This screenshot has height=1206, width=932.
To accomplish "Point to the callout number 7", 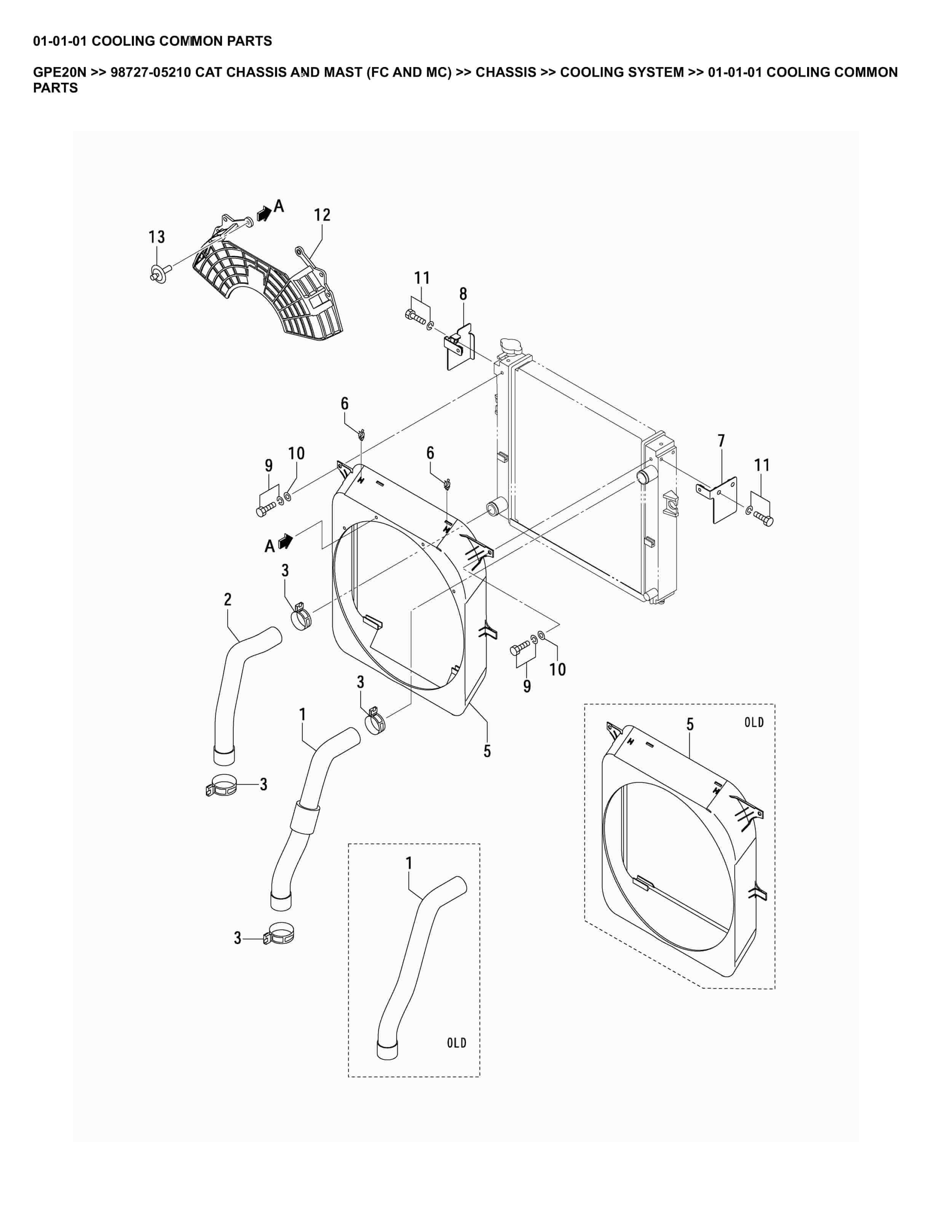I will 721,441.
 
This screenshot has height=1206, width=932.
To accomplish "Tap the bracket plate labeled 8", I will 460,348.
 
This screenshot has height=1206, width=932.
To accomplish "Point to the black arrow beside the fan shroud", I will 285,541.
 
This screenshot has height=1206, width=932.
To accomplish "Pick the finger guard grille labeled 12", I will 271,287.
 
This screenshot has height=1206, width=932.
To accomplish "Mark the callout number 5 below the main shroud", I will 487,751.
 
